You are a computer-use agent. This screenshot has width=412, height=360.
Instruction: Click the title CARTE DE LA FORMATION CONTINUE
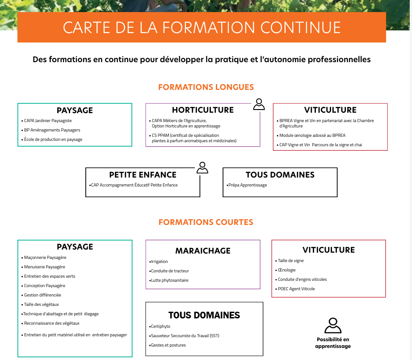(202, 27)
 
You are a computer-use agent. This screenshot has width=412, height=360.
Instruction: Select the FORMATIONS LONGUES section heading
(206, 87)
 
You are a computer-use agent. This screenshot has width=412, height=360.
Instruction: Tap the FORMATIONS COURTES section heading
(206, 222)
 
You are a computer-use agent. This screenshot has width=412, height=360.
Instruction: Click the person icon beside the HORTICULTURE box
(259, 104)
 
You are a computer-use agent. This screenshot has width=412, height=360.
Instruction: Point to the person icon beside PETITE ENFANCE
(202, 167)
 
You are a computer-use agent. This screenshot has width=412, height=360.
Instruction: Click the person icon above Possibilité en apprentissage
(332, 325)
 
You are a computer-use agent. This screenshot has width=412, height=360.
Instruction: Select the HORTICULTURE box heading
(202, 110)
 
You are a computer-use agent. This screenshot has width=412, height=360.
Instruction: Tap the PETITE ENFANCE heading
(143, 175)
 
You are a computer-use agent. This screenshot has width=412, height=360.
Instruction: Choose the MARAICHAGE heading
(202, 251)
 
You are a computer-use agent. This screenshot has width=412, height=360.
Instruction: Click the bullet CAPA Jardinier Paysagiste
(48, 121)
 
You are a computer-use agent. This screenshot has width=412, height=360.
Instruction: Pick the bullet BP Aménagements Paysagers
(52, 130)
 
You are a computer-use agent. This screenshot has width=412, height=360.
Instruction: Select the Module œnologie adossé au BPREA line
(312, 136)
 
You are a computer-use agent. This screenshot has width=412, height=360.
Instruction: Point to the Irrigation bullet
(160, 262)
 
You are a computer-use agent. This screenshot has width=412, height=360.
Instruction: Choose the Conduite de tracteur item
(170, 271)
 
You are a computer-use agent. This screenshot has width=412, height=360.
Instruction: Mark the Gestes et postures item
(168, 345)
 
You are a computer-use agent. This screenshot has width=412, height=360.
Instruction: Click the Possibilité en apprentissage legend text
(332, 343)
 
